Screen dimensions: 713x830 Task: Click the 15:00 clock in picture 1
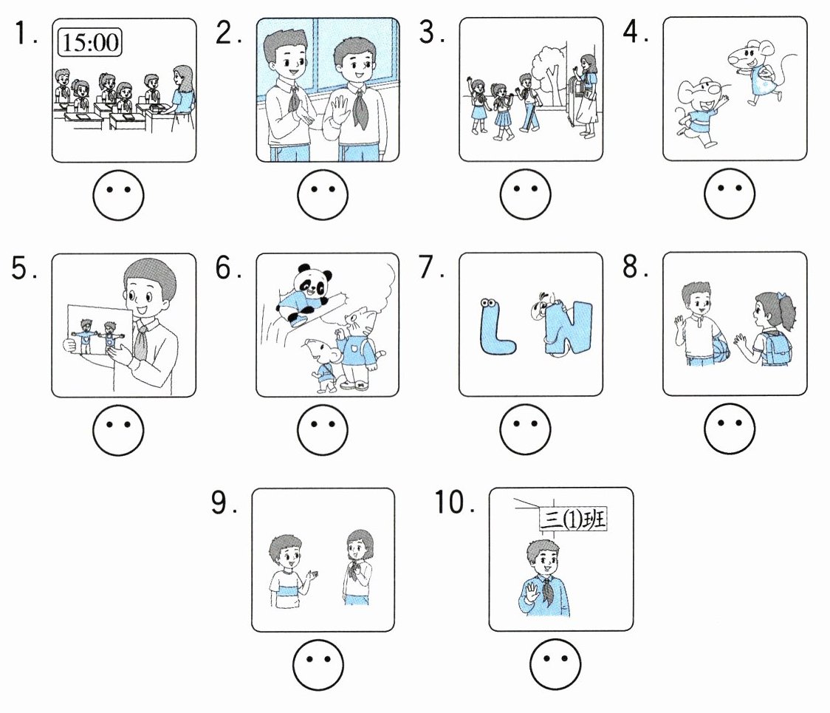click(x=89, y=41)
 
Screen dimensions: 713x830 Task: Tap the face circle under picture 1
click(x=118, y=195)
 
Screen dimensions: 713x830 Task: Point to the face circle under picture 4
click(x=730, y=195)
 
